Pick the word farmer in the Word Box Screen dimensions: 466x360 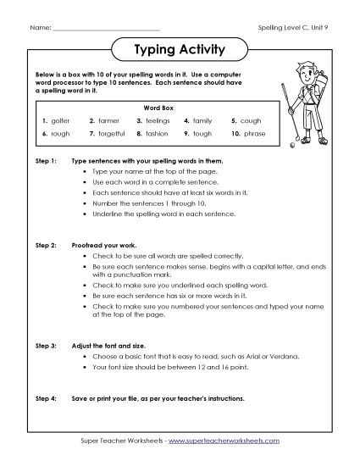(109, 121)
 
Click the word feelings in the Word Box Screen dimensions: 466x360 (158, 121)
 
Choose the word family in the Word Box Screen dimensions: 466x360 (203, 121)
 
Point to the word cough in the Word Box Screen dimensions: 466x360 (251, 121)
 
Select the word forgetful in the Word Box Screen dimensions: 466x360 (112, 134)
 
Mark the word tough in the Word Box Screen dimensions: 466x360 (202, 134)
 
